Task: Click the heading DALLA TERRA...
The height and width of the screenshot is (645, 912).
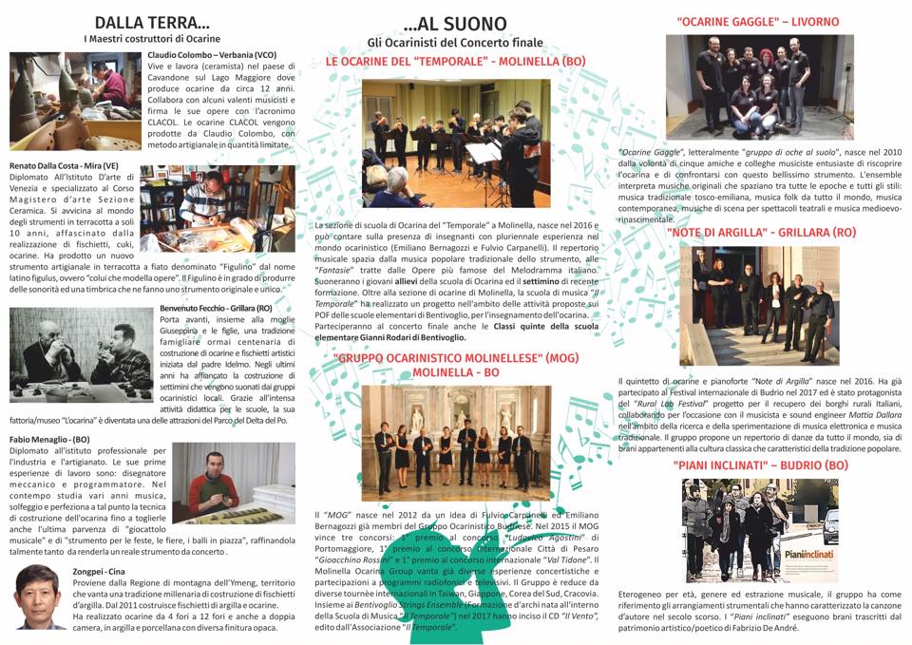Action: (x=152, y=22)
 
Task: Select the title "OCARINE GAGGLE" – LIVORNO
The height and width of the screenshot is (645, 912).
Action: (x=757, y=21)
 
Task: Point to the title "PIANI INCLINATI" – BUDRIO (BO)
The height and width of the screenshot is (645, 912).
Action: (x=760, y=465)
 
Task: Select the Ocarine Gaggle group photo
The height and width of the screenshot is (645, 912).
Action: (x=759, y=86)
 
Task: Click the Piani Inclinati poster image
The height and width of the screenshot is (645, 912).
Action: (x=759, y=530)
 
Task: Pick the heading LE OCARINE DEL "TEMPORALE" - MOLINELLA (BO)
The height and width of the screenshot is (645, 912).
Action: (x=455, y=61)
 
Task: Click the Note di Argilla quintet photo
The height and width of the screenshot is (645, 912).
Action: (x=761, y=305)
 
